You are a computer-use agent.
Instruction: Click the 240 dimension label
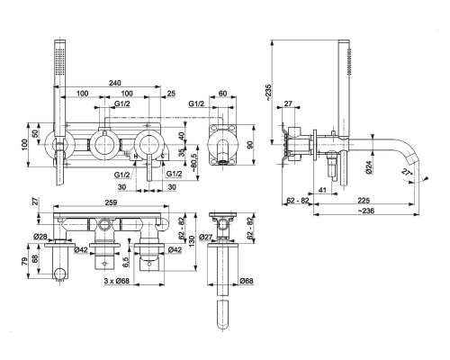coord(115,83)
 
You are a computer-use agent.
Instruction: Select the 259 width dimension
coord(111,202)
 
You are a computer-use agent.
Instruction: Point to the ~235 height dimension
coord(268,92)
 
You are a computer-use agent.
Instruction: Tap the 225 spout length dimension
coord(364,200)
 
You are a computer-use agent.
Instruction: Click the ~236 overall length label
coord(366,211)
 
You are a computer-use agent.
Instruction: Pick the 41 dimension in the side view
coord(322,190)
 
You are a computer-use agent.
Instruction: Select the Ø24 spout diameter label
coord(369,166)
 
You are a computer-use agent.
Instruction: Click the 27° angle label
coord(406,173)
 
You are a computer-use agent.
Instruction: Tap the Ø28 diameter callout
coord(40,237)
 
